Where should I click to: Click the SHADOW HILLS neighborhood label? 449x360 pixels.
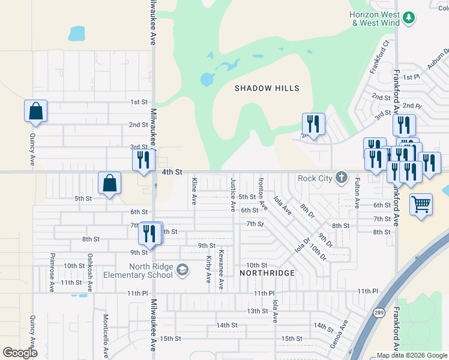267,88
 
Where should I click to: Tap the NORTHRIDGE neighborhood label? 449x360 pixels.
267,273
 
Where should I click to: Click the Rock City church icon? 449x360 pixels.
341,177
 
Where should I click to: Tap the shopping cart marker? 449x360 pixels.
421,204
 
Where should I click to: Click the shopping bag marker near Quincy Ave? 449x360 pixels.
35,111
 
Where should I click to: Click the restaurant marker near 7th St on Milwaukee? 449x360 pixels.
150,233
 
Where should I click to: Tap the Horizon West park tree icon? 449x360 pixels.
409,18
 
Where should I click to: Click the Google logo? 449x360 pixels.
20,353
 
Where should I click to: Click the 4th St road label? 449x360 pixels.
172,172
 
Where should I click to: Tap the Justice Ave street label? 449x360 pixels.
233,194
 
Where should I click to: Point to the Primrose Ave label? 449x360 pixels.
52,277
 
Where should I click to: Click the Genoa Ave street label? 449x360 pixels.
341,331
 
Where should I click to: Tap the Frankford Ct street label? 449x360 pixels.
379,58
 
